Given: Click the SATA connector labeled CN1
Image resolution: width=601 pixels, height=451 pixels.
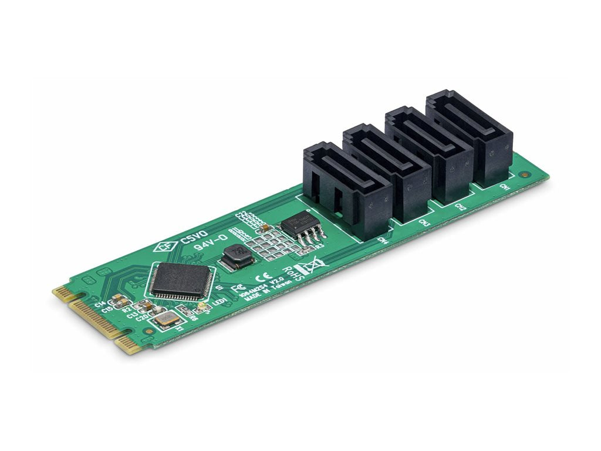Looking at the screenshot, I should [470, 135].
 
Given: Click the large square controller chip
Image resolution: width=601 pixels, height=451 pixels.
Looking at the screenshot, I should [181, 281].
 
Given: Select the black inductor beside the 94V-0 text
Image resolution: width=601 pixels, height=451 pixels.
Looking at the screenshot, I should [238, 256].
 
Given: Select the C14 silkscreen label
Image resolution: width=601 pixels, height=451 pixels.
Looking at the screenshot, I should [99, 304].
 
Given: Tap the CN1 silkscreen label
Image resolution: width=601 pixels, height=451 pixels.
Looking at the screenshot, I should [503, 186].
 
